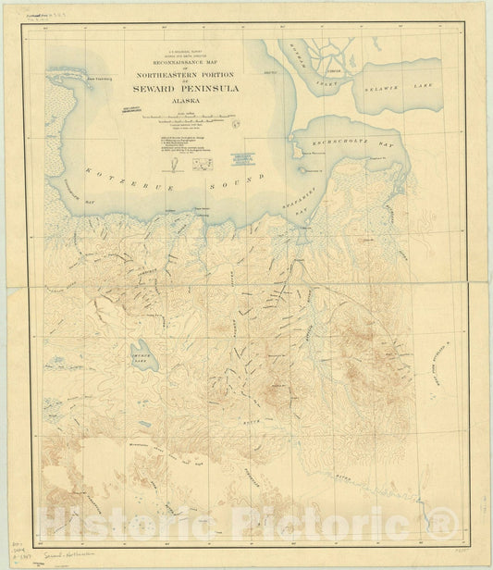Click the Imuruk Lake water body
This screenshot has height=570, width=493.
[145, 355]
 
